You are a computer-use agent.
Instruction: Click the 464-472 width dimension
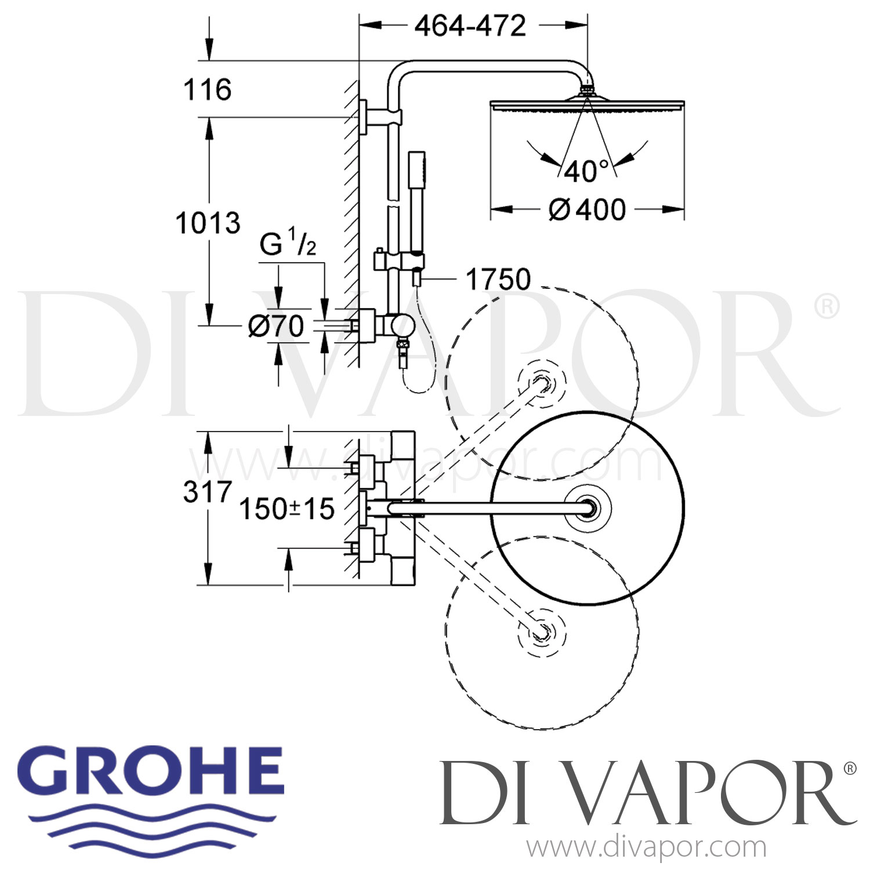[x=470, y=26]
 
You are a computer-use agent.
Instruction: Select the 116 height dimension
[x=208, y=90]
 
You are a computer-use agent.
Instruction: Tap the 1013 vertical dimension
[x=208, y=223]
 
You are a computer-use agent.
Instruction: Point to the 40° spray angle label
[x=586, y=172]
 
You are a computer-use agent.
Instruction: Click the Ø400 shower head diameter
[x=587, y=209]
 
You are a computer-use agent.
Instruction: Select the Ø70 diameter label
[x=275, y=327]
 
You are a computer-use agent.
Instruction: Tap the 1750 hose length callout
[x=498, y=280]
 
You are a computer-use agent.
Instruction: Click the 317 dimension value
[x=208, y=492]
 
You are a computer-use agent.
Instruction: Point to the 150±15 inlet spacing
[x=287, y=509]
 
